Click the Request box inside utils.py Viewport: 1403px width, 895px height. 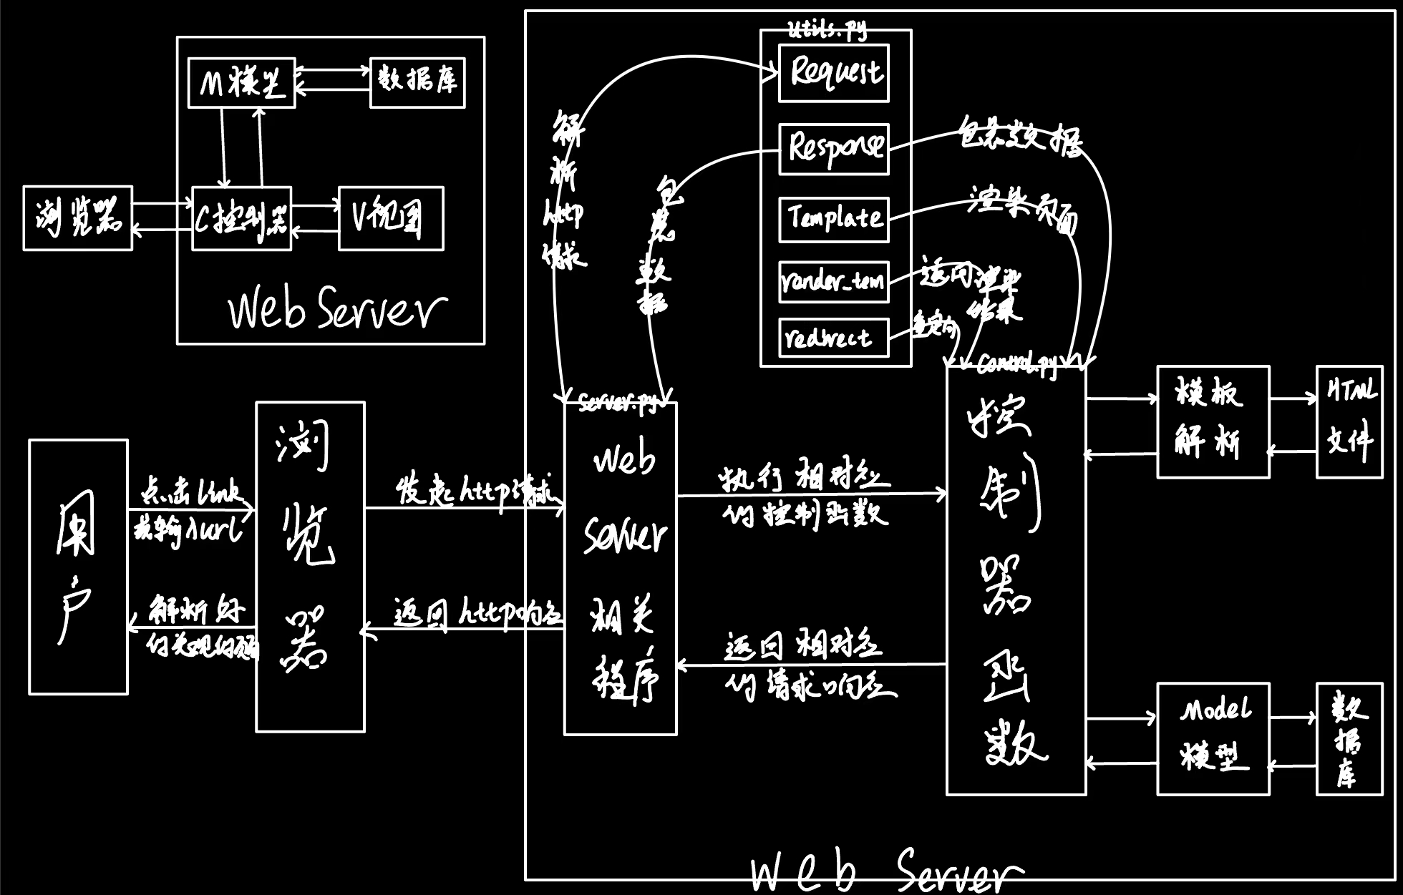[834, 73]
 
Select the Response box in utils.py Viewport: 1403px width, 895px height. [834, 149]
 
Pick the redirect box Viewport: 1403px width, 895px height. [834, 338]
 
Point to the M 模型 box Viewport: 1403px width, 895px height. [241, 83]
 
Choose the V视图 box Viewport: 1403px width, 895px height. [391, 218]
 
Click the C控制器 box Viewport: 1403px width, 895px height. [242, 218]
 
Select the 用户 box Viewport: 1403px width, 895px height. [79, 567]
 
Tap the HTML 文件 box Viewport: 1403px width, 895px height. [1349, 422]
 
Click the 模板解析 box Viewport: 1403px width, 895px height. [1213, 422]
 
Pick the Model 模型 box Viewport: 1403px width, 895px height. [1213, 738]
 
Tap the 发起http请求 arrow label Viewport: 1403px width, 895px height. [475, 489]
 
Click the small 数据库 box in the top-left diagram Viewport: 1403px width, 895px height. [417, 83]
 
